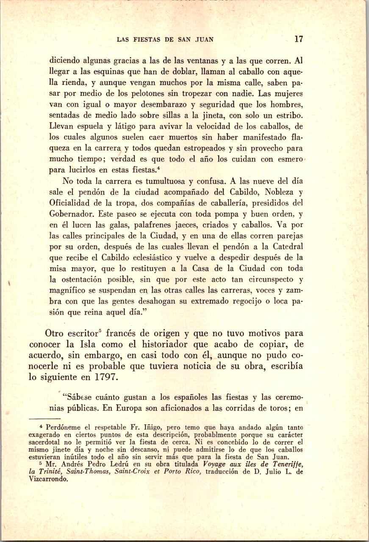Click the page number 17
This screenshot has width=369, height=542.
point(299,39)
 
